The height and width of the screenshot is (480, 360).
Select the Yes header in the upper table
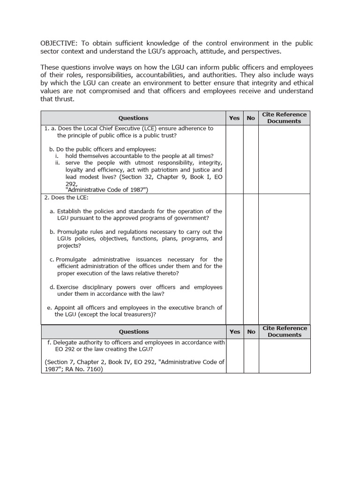234,118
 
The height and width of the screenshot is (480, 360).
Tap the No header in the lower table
251,332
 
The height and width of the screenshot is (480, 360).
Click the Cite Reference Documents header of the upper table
284,118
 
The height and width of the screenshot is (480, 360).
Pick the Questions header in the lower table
134,332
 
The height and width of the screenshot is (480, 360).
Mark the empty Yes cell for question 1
234,159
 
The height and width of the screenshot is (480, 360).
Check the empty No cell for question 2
251,258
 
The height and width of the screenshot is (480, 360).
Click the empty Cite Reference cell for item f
284,356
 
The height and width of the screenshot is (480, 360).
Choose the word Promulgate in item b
73,232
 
